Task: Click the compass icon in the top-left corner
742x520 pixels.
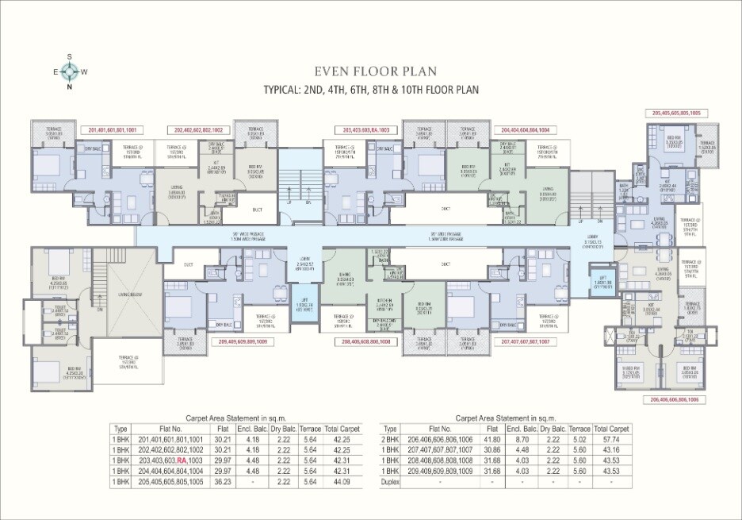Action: click(x=70, y=71)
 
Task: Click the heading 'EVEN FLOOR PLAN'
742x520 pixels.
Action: click(x=371, y=70)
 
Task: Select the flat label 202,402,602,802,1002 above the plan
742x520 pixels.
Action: click(x=197, y=129)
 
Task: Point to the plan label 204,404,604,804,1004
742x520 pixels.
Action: click(x=526, y=129)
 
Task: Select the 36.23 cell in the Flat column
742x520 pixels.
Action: click(x=223, y=482)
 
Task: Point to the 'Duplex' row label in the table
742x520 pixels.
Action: click(x=390, y=482)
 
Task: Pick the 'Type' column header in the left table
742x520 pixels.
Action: click(x=121, y=428)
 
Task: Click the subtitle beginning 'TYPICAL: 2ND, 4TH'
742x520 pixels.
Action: click(x=371, y=90)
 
